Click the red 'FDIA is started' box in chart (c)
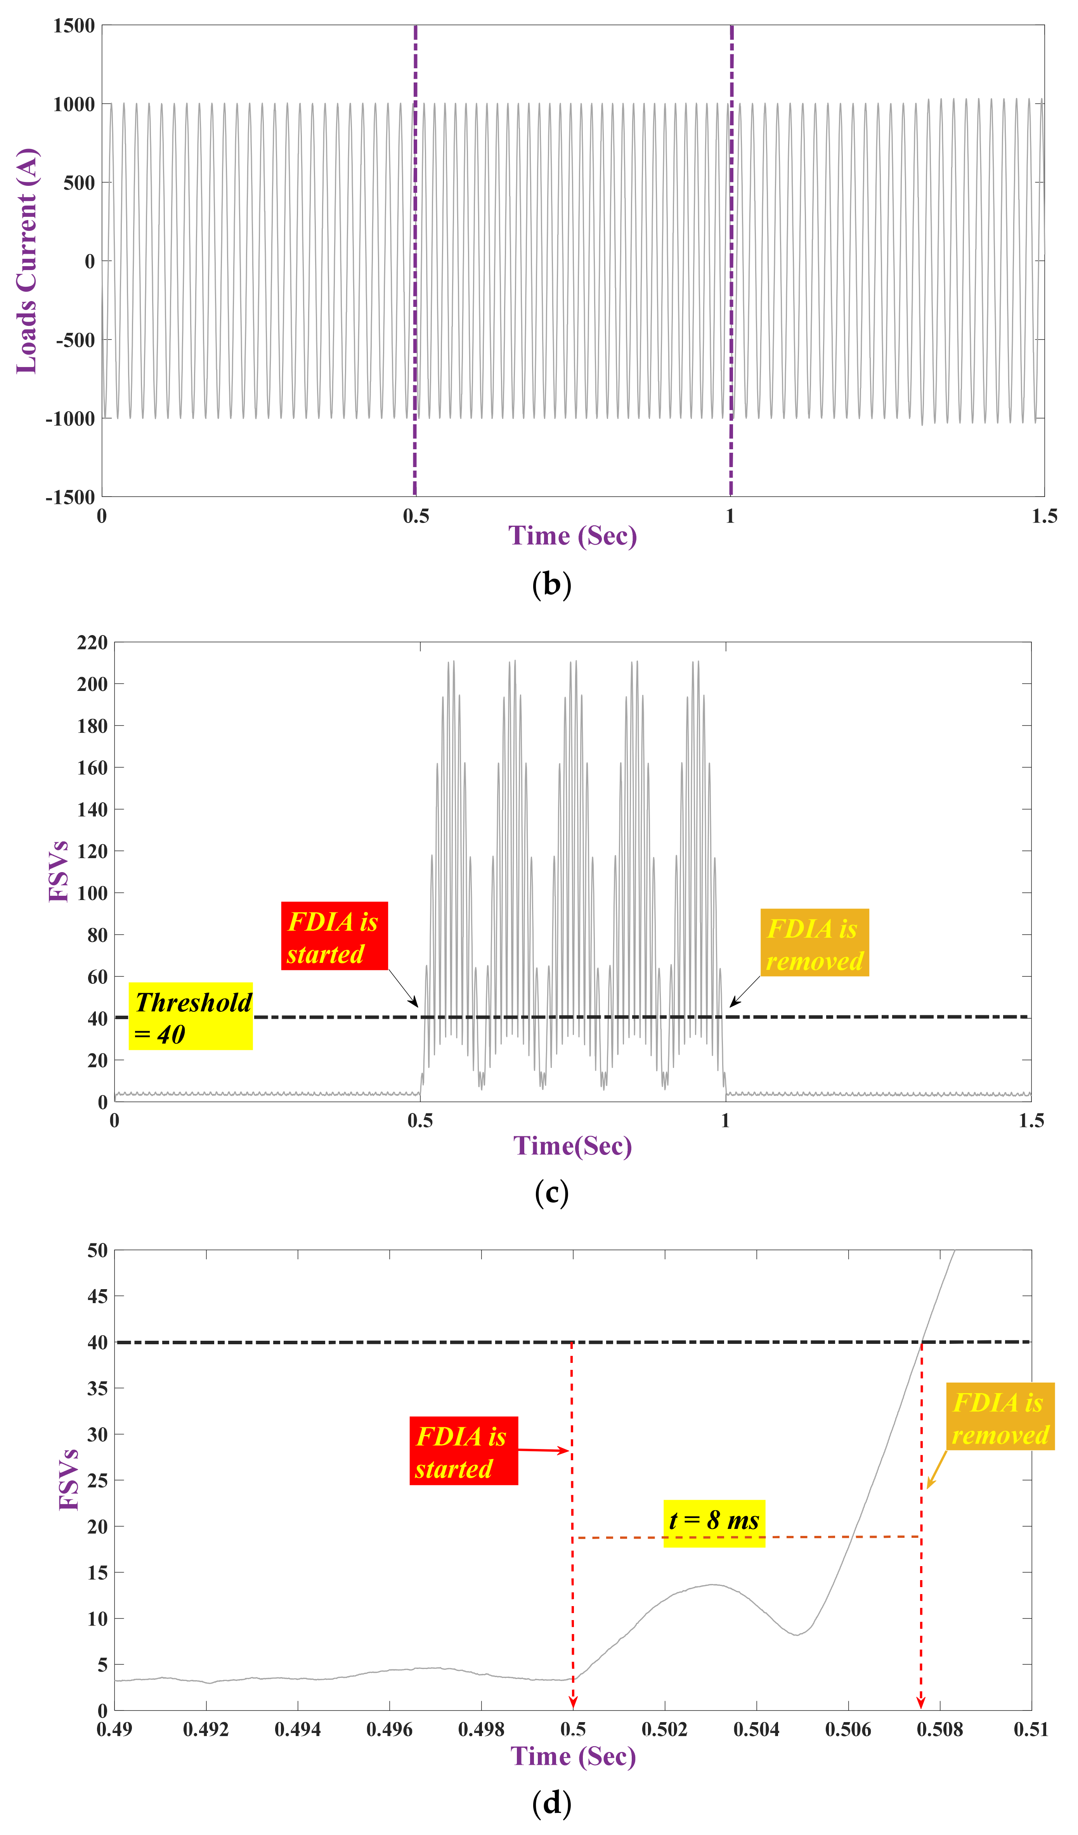334,937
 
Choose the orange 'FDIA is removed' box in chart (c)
815,944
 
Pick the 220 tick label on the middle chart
92,642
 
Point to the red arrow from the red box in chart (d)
542,1451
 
